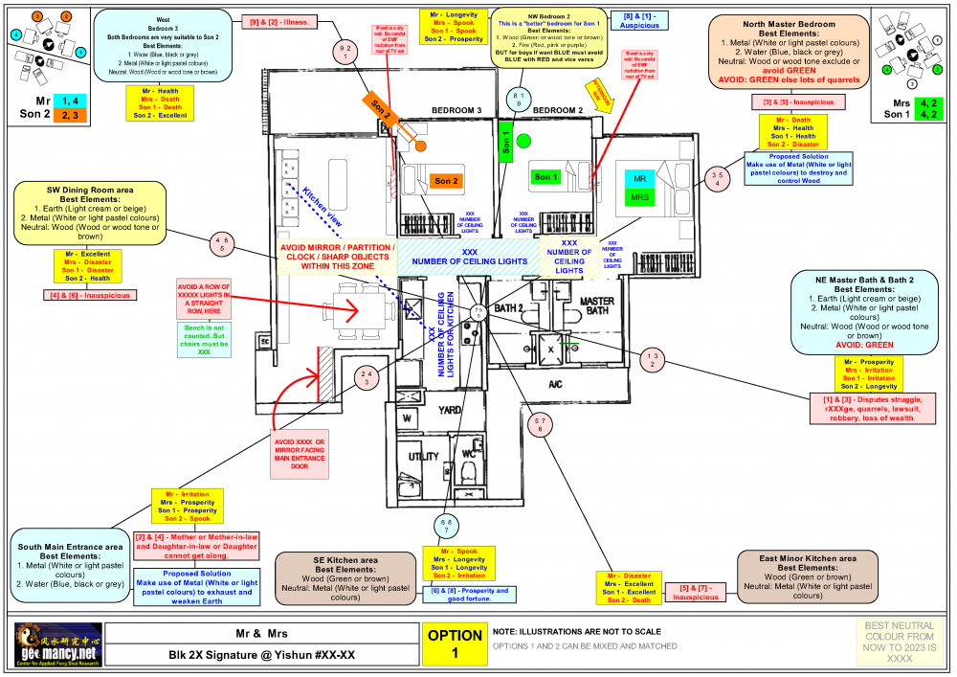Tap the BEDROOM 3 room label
[456, 110]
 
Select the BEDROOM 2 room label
[558, 110]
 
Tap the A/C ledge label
[555, 384]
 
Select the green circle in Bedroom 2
[523, 142]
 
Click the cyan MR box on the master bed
[638, 179]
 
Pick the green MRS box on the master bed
[638, 197]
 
